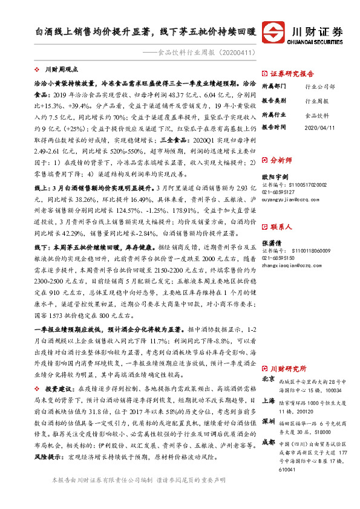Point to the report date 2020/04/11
click(x=318, y=127)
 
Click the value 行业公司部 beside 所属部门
click(x=319, y=86)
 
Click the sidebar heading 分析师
click(x=283, y=161)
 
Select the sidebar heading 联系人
click(x=283, y=227)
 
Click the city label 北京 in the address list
click(x=268, y=378)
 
